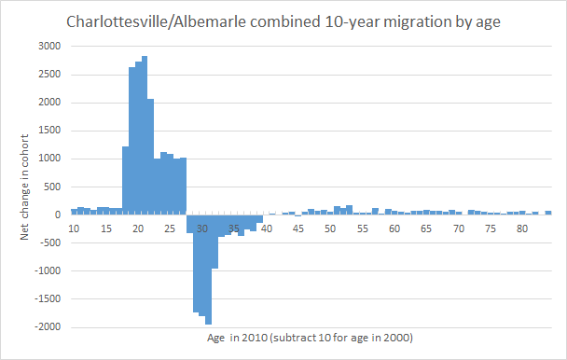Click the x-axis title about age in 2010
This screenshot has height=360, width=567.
[x=311, y=337]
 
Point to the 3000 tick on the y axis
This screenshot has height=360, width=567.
[x=49, y=46]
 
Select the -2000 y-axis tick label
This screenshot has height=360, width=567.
[x=47, y=327]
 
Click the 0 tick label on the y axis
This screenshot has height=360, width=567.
[x=58, y=215]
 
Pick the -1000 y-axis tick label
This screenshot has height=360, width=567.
[x=47, y=271]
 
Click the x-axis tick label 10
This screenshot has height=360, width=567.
[x=75, y=228]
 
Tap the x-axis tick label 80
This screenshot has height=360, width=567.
[x=522, y=228]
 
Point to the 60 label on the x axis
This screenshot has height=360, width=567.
[x=394, y=228]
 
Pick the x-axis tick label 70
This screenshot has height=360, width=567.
[x=459, y=228]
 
